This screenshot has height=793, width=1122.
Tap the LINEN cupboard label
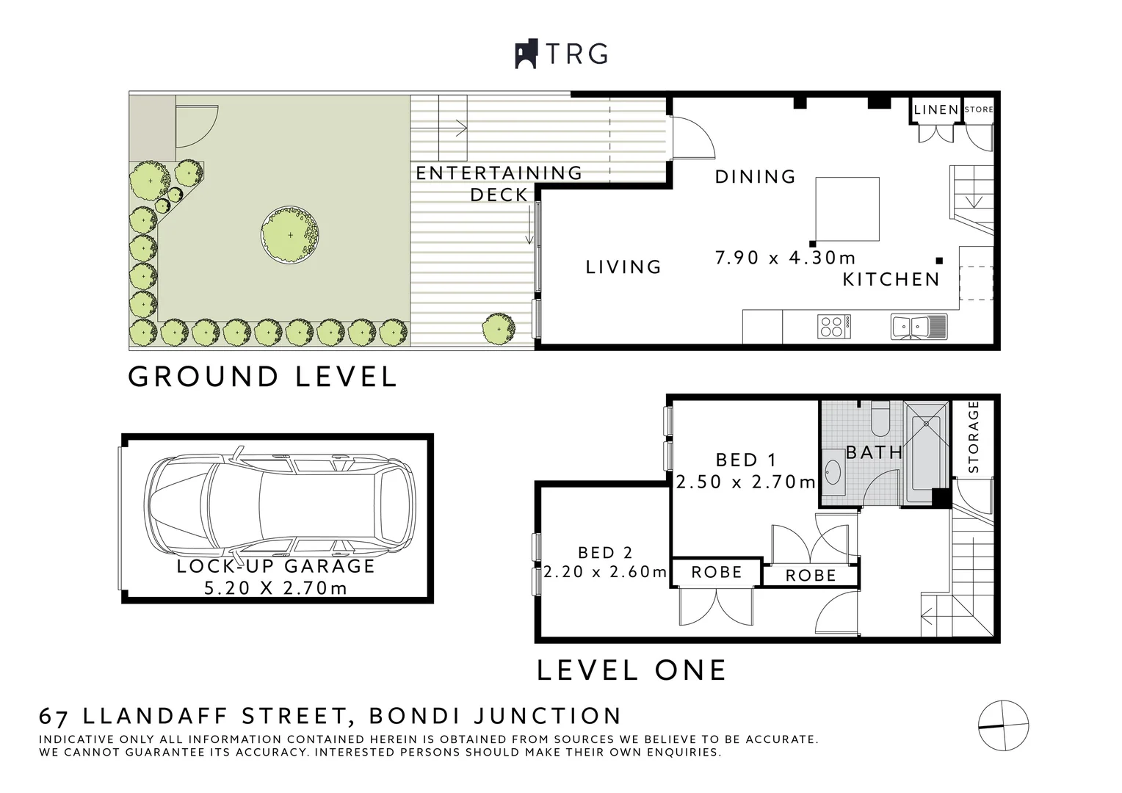pyautogui.click(x=936, y=110)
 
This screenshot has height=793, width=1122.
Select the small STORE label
pyautogui.click(x=978, y=109)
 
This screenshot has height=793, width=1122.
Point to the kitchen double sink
pyautogui.click(x=910, y=326)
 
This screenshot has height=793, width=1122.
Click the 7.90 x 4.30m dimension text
pyautogui.click(x=785, y=258)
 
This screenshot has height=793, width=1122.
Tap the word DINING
pyautogui.click(x=756, y=177)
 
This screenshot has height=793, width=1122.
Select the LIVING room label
pyautogui.click(x=623, y=267)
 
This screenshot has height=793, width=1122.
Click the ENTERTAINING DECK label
pyautogui.click(x=499, y=184)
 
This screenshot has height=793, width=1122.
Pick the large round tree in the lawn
pyautogui.click(x=290, y=235)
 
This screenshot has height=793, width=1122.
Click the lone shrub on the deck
pyautogui.click(x=499, y=328)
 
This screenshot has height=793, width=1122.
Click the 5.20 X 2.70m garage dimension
pyautogui.click(x=276, y=588)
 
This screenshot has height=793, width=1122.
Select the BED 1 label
pyautogui.click(x=745, y=460)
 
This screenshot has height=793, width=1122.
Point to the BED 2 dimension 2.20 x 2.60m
pyautogui.click(x=605, y=571)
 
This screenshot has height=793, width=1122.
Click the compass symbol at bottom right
pyautogui.click(x=1003, y=725)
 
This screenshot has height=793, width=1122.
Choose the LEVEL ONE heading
pyautogui.click(x=631, y=670)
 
